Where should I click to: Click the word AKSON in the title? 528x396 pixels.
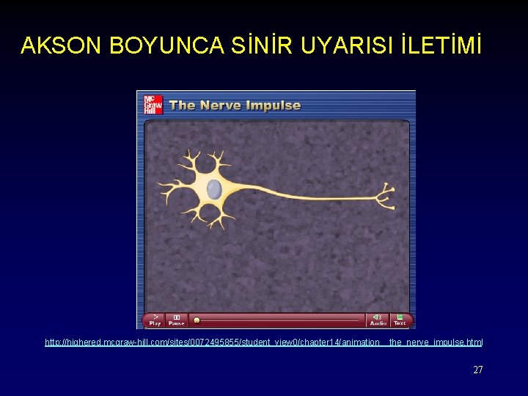(x=62, y=46)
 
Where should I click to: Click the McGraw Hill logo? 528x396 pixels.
(x=152, y=104)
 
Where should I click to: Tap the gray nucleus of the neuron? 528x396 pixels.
(x=214, y=189)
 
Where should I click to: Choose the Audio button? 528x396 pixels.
(x=378, y=320)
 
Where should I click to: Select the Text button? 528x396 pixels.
(x=400, y=320)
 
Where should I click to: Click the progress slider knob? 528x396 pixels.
(x=196, y=320)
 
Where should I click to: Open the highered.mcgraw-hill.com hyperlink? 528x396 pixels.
(x=264, y=342)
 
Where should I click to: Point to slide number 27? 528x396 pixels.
(x=478, y=370)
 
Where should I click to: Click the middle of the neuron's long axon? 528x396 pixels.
(x=308, y=197)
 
